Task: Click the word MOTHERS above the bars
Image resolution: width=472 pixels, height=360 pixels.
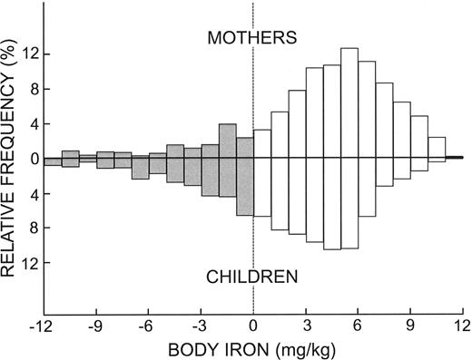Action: tap(252, 38)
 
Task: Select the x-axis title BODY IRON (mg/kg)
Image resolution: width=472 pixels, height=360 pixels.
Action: tap(252, 348)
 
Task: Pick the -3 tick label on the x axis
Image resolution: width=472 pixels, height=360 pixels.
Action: tap(199, 325)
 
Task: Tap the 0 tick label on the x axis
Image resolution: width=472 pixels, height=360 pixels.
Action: tap(253, 325)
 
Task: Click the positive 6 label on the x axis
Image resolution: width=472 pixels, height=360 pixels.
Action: tap(359, 325)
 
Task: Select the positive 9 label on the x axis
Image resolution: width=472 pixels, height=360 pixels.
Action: tap(411, 325)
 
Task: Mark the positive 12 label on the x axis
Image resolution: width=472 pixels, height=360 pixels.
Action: tap(463, 325)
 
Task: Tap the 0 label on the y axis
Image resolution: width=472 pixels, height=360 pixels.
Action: tap(33, 159)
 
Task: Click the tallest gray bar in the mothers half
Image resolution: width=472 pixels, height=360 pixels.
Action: tap(227, 141)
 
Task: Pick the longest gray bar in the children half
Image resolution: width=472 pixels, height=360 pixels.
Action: tap(244, 187)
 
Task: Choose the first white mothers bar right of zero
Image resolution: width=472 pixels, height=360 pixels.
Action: tap(261, 144)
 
